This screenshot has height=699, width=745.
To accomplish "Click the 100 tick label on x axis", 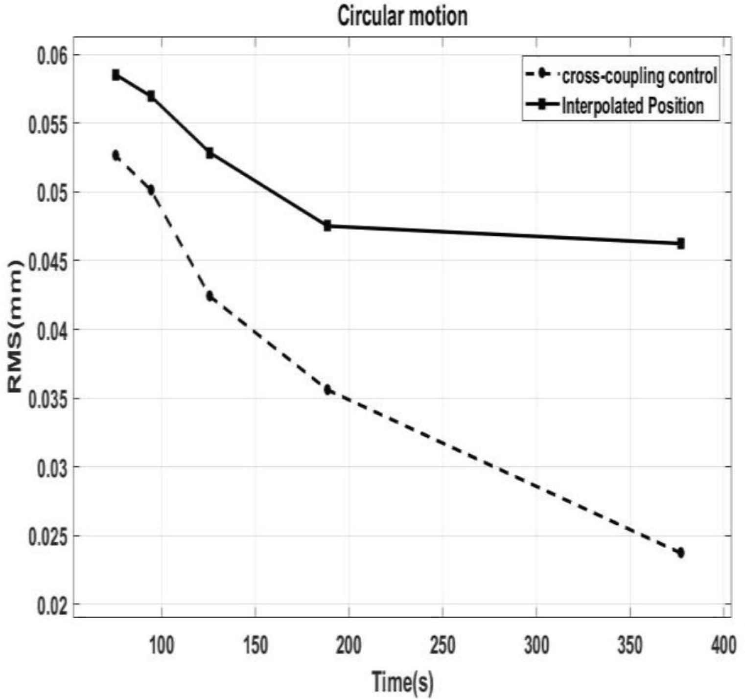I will (162, 645).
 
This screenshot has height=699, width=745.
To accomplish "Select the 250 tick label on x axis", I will (442, 645).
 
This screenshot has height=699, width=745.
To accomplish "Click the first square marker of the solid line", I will (116, 75).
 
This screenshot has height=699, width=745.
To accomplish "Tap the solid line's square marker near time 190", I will (327, 226).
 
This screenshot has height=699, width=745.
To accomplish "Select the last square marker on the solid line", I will (681, 243).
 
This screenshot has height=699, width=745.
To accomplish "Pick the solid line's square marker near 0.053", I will (210, 153).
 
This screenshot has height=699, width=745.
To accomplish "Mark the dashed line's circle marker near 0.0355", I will (327, 390).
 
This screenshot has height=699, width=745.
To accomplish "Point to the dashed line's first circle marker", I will (116, 155).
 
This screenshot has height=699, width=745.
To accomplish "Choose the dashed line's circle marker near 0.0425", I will (210, 296).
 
